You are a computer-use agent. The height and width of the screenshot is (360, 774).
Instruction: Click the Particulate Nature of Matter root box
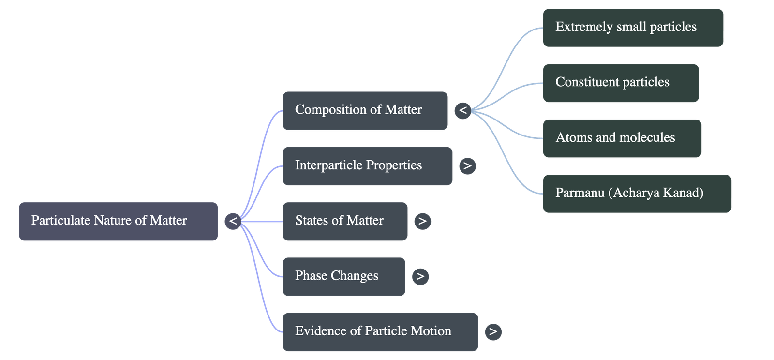[119, 221]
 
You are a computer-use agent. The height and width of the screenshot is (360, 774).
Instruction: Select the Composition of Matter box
[365, 110]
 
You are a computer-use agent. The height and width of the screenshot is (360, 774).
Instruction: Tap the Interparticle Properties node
[367, 165]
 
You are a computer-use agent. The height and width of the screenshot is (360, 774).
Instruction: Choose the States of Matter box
[344, 221]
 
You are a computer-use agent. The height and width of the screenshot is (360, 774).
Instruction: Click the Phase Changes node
[343, 276]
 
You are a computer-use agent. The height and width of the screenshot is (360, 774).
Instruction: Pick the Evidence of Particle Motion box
[380, 331]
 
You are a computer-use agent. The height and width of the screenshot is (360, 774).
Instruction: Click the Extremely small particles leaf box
[633, 27]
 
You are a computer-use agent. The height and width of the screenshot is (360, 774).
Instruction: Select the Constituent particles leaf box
[620, 83]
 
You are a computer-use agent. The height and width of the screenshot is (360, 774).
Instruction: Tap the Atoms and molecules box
[622, 138]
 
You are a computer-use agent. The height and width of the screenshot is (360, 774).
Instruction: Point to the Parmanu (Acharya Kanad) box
[637, 193]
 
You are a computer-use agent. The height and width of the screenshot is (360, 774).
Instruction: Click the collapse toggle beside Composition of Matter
[463, 110]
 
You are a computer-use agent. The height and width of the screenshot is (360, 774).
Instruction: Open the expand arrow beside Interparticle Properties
[467, 166]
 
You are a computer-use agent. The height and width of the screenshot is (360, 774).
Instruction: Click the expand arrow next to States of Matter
[422, 221]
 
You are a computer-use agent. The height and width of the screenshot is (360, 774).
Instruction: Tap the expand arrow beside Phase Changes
[420, 276]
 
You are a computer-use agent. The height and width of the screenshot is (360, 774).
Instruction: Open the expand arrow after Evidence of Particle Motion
[493, 331]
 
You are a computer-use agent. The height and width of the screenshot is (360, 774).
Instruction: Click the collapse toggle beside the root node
[233, 221]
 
